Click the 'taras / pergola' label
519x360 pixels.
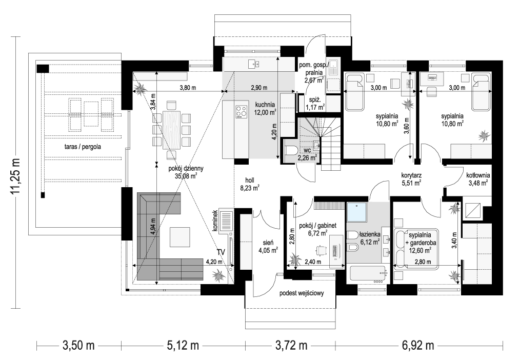coord(83,146)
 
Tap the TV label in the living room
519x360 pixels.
coord(221,252)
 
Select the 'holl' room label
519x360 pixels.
coord(250,180)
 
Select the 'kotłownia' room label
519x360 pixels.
coord(477,174)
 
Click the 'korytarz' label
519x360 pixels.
coord(411,174)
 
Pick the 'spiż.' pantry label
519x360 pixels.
coord(313,99)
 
